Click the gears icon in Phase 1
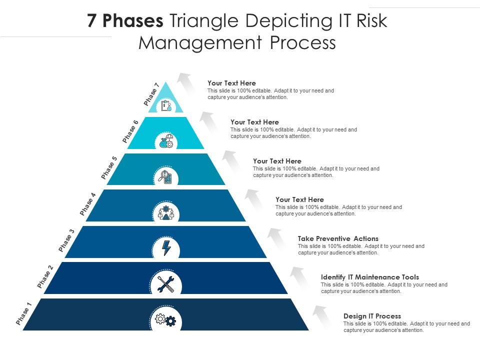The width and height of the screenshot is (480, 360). tap(165, 320)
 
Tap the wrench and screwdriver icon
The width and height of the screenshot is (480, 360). tap(165, 284)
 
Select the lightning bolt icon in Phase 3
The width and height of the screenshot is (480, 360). tap(166, 248)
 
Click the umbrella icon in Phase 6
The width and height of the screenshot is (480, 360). tap(166, 141)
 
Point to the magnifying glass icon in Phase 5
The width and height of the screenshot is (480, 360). tap(165, 176)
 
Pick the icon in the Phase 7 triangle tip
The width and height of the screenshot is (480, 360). tap(166, 105)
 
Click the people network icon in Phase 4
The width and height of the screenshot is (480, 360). tap(166, 212)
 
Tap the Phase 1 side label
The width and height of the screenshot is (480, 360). tap(23, 314)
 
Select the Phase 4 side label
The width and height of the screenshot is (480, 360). tap(87, 204)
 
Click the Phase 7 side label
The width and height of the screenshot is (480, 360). tap(151, 94)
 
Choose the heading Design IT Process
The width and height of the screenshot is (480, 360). tap(372, 316)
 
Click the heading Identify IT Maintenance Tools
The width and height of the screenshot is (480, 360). tap(369, 277)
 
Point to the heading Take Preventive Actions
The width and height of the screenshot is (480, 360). tap(338, 238)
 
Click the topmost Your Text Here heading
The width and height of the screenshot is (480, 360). tap(231, 83)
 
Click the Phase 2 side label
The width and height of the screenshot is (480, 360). tap(45, 277)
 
